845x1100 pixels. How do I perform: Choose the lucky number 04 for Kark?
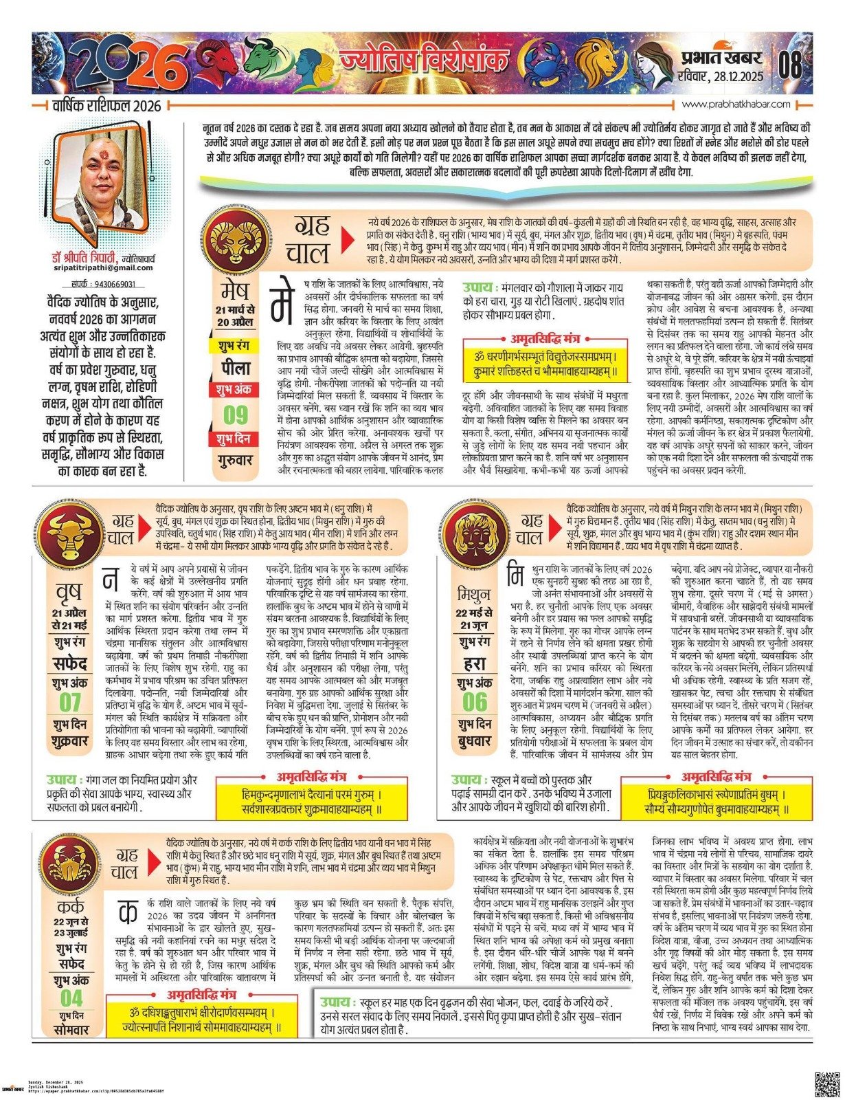[71, 998]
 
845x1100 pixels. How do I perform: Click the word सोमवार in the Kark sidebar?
[71, 1030]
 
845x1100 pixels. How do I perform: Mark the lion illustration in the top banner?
[594, 60]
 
